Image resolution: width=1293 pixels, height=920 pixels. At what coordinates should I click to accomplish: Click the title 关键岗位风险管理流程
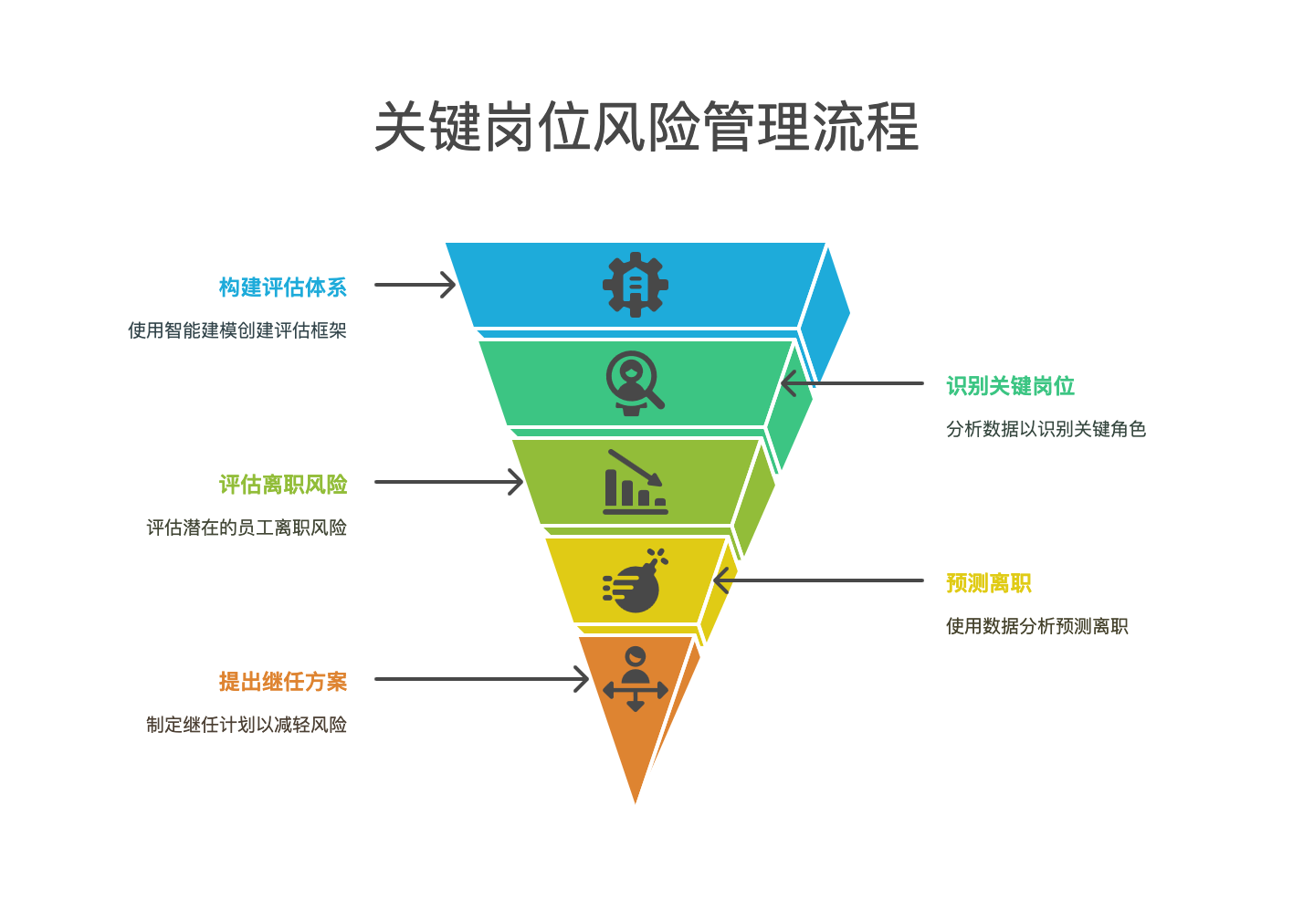coord(646,127)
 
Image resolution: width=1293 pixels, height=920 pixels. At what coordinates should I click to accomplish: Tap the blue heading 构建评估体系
coord(283,287)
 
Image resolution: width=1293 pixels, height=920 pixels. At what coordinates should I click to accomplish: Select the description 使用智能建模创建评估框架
coord(237,330)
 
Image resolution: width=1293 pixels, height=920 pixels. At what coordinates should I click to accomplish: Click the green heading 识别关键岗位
coord(1010,386)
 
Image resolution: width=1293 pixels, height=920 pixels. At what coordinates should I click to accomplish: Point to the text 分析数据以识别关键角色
coord(1046,429)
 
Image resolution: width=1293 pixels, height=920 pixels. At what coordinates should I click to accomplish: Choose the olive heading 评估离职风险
coord(283,485)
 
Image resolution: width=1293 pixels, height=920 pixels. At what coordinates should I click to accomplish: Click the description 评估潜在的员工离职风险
coord(247,528)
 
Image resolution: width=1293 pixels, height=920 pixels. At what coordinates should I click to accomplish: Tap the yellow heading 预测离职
coord(989,583)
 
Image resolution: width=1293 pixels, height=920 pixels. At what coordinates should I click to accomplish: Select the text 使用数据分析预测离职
coord(1036,626)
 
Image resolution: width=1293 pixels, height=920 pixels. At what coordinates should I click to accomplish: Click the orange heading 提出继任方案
coord(283,682)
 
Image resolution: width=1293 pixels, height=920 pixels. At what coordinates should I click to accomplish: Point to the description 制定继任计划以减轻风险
coord(247,725)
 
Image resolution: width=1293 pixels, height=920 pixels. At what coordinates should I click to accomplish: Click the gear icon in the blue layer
coord(636,285)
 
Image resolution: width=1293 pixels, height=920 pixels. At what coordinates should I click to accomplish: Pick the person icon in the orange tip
coord(636,678)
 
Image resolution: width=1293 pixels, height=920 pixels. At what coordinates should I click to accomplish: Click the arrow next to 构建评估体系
coord(415,285)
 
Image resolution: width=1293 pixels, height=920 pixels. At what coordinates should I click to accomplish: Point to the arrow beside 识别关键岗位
coord(852,383)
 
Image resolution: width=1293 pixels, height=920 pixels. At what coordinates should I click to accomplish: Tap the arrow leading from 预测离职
coord(818,580)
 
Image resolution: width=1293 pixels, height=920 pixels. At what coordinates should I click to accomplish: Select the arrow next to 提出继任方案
coord(482,679)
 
